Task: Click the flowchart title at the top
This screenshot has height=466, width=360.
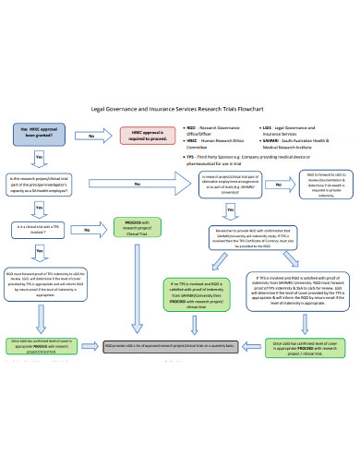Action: (179, 108)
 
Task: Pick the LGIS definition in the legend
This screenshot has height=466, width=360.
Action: (298, 130)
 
